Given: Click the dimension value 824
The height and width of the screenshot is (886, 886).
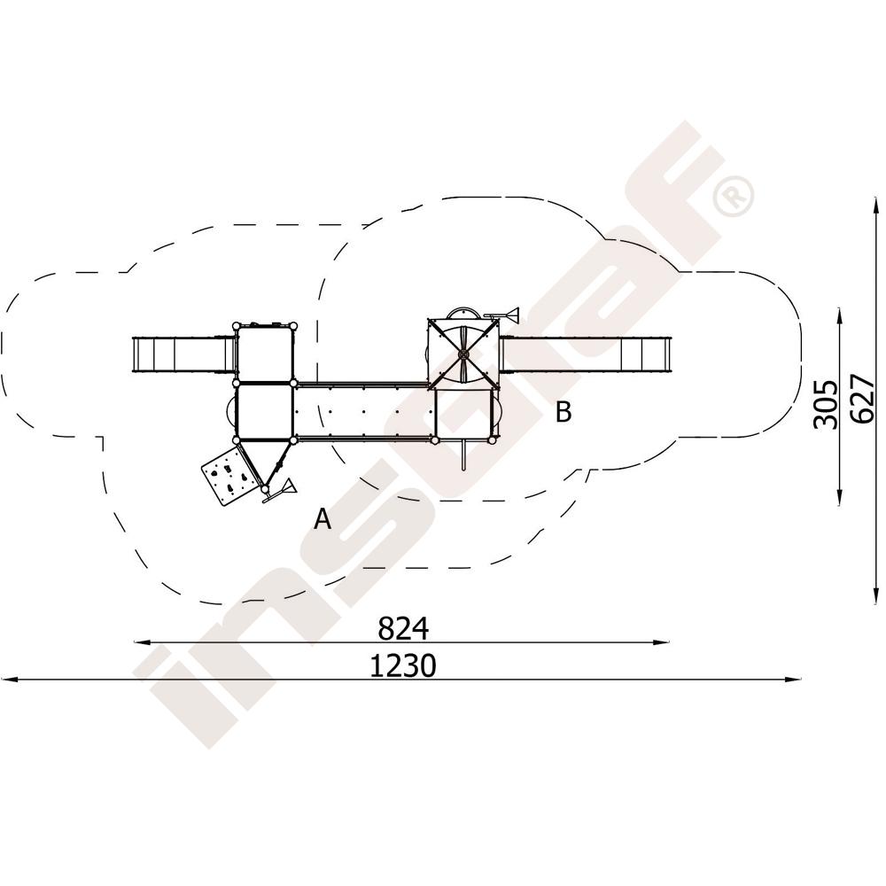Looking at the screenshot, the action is [x=403, y=628].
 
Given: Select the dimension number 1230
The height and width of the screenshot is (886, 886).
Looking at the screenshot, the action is [x=403, y=665].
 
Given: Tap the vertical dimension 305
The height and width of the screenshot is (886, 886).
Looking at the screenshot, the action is [x=825, y=405].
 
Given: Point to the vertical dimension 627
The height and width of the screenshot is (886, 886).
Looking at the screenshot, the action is [x=863, y=399].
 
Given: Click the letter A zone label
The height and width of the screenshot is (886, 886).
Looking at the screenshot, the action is [x=323, y=518].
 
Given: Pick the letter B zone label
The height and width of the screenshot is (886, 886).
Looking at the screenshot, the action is [x=563, y=411].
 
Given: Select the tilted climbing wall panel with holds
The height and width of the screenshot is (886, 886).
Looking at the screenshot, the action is [x=228, y=475].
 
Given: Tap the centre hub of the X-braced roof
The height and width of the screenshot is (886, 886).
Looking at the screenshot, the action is [x=463, y=354].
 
